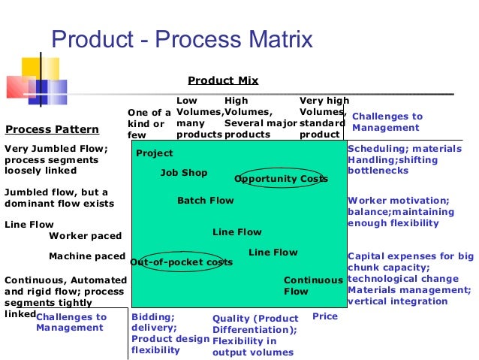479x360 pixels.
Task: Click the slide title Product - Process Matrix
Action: click(x=181, y=38)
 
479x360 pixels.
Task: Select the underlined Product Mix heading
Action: click(x=222, y=80)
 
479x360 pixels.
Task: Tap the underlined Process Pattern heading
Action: click(x=52, y=129)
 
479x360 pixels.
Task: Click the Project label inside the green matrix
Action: click(x=154, y=153)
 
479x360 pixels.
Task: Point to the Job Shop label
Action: click(x=184, y=173)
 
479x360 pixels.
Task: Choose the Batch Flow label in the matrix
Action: click(x=205, y=201)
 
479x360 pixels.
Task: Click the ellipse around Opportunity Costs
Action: click(x=281, y=179)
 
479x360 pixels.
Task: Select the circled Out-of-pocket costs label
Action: click(x=181, y=262)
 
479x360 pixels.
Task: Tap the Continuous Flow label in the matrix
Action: click(x=312, y=286)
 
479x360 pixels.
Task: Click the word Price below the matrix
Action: click(x=324, y=316)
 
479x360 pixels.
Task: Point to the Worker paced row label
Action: click(x=85, y=236)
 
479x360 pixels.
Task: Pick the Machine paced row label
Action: click(x=86, y=256)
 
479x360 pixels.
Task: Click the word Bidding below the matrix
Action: click(x=152, y=316)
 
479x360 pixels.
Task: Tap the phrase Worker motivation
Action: click(x=398, y=201)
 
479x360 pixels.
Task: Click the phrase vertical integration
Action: click(x=398, y=301)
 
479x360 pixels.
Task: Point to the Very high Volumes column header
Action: click(x=324, y=111)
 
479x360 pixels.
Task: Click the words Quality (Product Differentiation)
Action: click(x=255, y=323)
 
